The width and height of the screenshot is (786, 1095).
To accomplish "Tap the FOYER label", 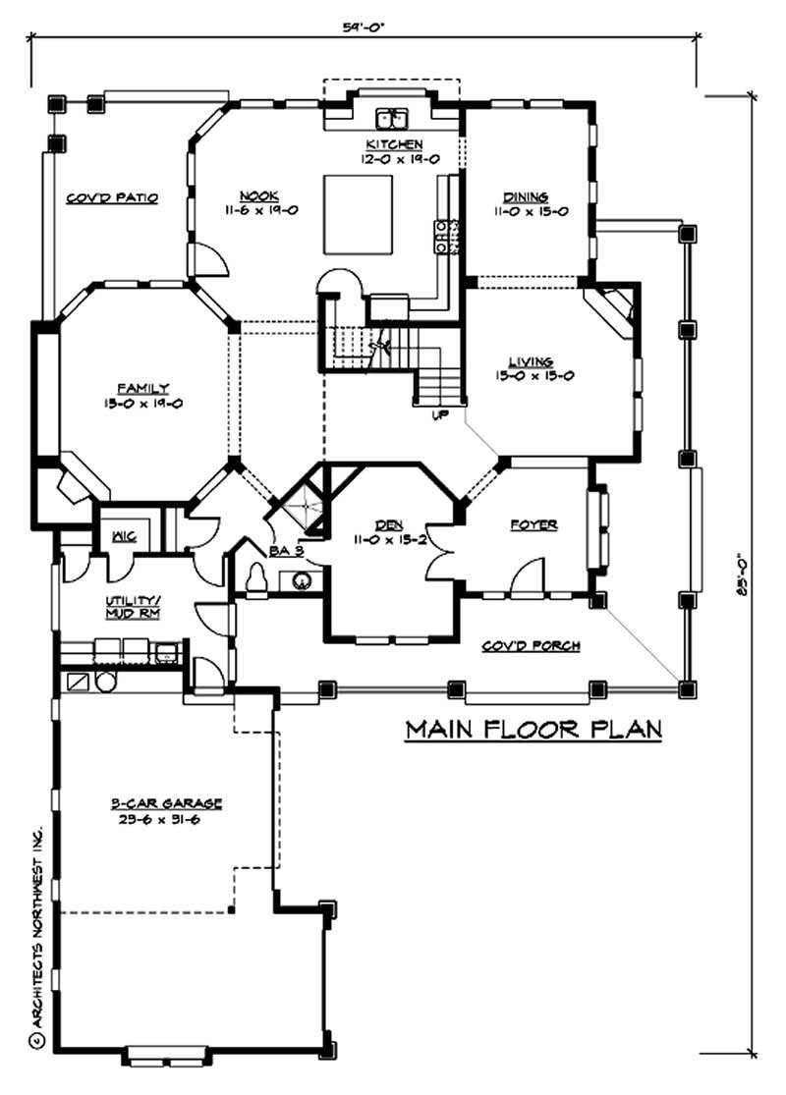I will pos(534,525).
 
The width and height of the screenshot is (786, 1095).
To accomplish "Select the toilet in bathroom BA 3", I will pos(258,580).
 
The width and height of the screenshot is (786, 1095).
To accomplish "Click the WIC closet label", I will pos(123,536).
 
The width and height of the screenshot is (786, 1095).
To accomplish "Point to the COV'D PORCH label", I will pos(532,645).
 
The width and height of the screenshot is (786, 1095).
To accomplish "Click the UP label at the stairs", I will pos(440,415).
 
